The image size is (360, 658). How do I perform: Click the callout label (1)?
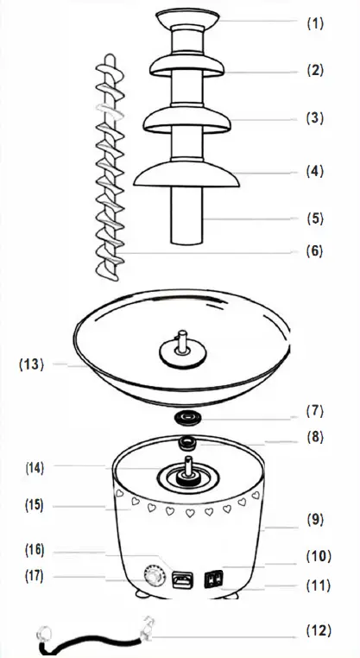pos(315,23)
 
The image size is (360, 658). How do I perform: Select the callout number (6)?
pos(315,251)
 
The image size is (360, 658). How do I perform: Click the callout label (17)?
pos(34,575)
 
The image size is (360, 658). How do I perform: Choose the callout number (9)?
pos(315,521)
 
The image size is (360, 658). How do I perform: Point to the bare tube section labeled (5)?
pos(187,220)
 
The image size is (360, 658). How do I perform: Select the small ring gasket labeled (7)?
pos(186,416)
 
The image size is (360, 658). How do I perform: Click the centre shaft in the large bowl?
pos(184,345)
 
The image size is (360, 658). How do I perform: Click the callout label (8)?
pos(315,437)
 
